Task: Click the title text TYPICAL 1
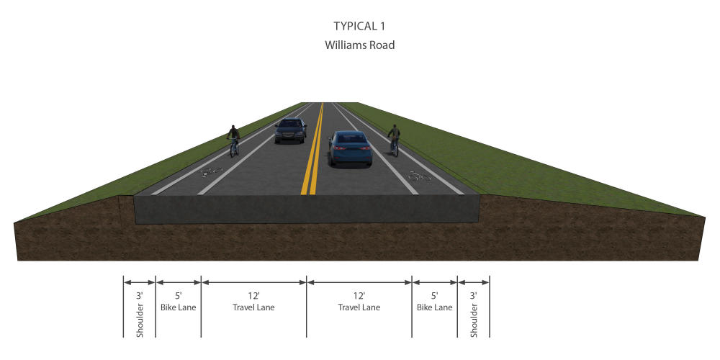click(x=359, y=26)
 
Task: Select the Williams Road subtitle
click(x=359, y=45)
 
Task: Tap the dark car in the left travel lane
click(x=290, y=130)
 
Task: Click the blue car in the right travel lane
click(x=350, y=148)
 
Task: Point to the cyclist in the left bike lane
click(x=234, y=140)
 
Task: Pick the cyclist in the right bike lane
click(x=394, y=140)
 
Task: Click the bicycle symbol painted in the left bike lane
click(x=212, y=172)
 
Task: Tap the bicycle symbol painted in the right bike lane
click(x=420, y=176)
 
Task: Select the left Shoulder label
click(x=140, y=320)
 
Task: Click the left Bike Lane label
click(x=178, y=307)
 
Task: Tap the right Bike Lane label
click(x=434, y=307)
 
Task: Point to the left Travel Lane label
click(x=253, y=307)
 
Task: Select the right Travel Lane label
click(x=359, y=307)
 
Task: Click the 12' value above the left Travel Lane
click(x=253, y=295)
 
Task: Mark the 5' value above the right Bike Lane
click(x=434, y=295)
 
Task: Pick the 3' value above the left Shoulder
click(x=140, y=295)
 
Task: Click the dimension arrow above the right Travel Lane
click(x=359, y=282)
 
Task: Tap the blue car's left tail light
click(x=338, y=148)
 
